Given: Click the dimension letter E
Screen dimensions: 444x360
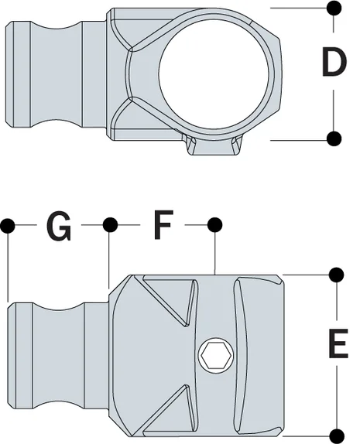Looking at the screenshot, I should (338, 343).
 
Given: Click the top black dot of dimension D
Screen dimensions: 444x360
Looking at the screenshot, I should (334, 9).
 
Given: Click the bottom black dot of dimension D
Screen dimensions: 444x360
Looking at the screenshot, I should (334, 139).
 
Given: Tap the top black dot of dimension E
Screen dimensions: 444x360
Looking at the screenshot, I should (336, 275).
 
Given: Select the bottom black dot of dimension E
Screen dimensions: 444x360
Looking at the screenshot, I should (336, 433).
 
